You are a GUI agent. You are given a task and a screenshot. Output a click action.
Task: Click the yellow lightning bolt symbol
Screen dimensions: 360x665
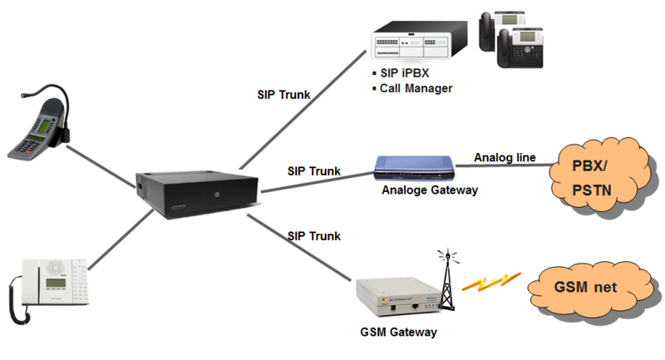click(x=490, y=283)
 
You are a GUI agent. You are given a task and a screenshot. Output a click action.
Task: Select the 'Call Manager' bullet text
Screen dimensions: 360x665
click(x=416, y=88)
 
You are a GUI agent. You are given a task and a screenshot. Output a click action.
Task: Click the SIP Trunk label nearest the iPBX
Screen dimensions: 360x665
click(x=284, y=95)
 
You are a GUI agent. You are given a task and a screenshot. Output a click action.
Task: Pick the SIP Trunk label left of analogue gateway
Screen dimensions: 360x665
click(x=313, y=171)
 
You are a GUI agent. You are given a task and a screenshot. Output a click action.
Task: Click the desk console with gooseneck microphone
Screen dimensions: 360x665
click(x=37, y=129)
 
